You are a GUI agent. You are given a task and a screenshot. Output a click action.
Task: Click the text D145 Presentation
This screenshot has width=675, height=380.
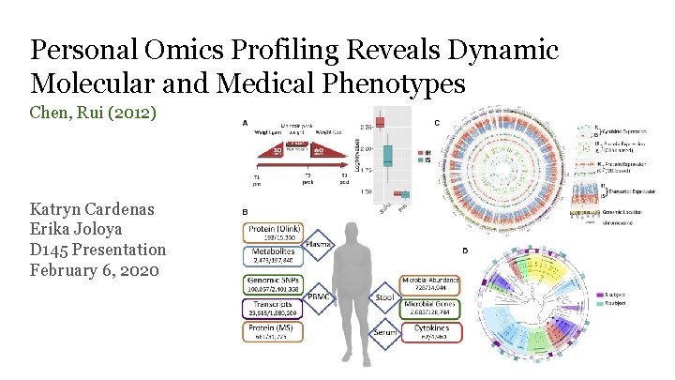[97, 251]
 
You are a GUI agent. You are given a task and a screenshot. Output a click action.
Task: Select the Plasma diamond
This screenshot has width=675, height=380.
[321, 245]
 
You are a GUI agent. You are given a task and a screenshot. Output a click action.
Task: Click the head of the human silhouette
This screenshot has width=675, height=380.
[352, 231]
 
